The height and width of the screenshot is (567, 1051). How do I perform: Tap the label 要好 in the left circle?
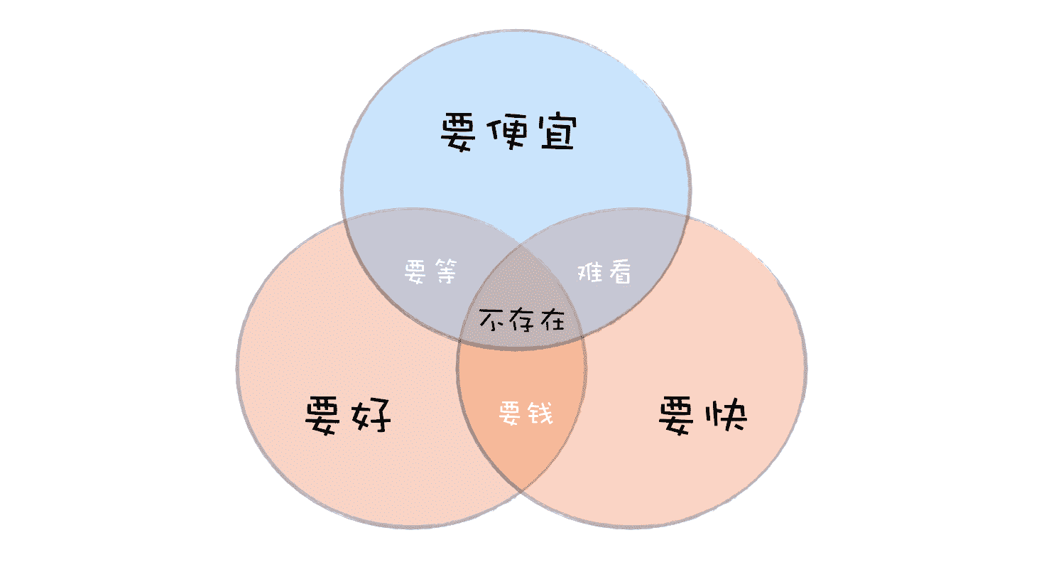(x=348, y=416)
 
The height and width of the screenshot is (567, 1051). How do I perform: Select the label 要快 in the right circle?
(x=702, y=416)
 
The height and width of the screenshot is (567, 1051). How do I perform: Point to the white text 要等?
(x=432, y=271)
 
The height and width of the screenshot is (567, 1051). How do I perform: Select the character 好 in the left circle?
(x=371, y=416)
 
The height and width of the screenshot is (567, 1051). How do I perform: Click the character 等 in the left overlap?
(x=446, y=271)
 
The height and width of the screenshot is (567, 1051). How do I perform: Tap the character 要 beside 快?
(x=680, y=416)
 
